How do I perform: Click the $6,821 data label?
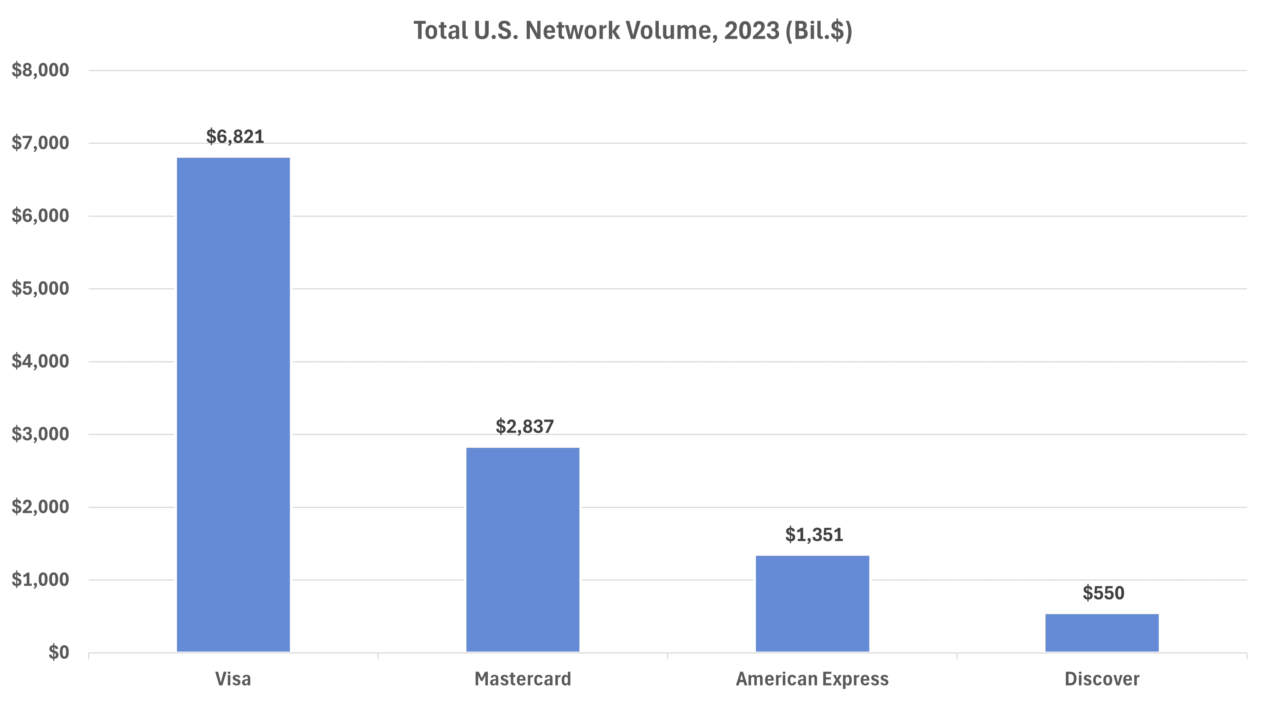coord(235,137)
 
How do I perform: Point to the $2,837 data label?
coord(524,426)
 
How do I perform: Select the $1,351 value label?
coord(814,535)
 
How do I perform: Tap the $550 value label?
coord(1103,593)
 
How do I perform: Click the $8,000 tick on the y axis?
coord(40,70)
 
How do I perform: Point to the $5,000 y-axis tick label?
coord(40,289)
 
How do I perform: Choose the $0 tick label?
coord(58,652)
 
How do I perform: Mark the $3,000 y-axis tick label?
coord(40,434)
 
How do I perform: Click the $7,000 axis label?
coord(40,143)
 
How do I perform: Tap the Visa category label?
coord(233,679)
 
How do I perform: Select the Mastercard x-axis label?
coord(523,679)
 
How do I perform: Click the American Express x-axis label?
coord(812,679)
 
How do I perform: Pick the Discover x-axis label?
coord(1101,679)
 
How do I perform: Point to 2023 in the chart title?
coord(751,30)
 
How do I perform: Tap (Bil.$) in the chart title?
coord(818,30)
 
